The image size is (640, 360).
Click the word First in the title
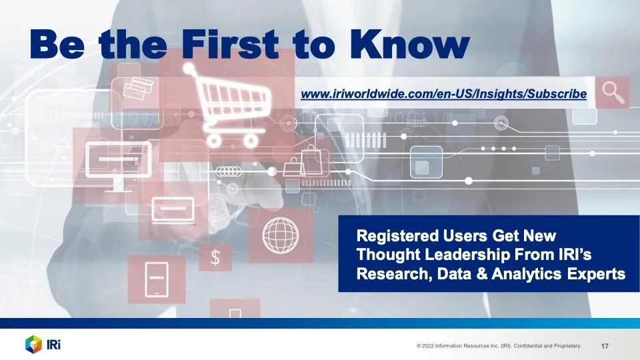tap(230, 44)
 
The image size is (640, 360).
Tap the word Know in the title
tap(409, 44)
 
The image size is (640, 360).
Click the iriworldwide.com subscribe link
tap(444, 94)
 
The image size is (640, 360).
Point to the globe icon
tap(281, 235)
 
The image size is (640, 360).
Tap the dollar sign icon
tap(215, 257)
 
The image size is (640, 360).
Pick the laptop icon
tap(173, 211)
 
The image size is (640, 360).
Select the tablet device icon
tap(157, 279)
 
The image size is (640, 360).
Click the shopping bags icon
tap(306, 161)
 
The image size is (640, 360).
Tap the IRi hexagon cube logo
tap(33, 345)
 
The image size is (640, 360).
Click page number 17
tap(605, 346)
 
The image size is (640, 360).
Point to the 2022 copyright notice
tap(499, 346)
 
